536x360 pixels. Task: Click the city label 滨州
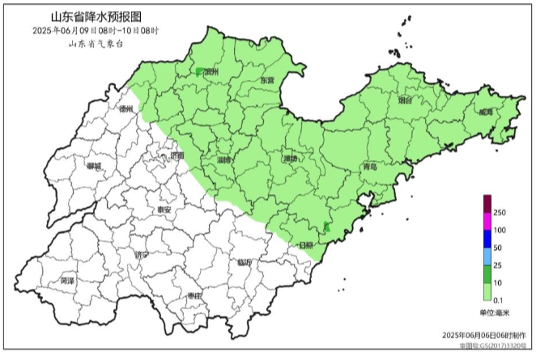click(211, 72)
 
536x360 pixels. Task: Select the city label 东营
click(266, 81)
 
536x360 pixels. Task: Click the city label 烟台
click(406, 100)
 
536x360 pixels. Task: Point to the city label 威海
click(485, 112)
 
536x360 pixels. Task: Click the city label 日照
click(306, 244)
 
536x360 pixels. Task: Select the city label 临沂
click(245, 262)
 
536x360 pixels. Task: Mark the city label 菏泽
click(67, 281)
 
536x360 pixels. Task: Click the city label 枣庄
click(193, 296)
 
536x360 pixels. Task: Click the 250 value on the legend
click(499, 213)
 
